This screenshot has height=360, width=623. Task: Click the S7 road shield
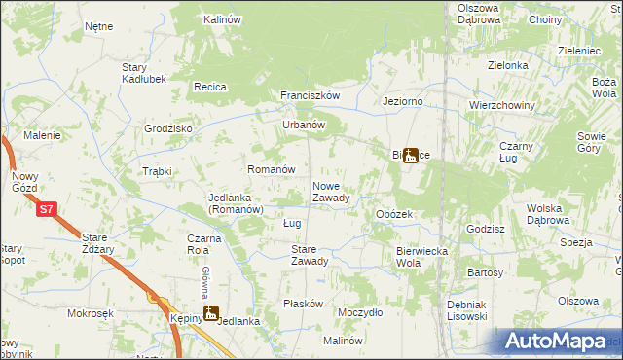46,208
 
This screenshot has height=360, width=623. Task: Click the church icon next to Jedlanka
210,313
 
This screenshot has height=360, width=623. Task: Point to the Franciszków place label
310,96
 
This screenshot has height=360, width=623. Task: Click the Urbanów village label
303,125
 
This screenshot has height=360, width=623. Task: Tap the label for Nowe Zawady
331,192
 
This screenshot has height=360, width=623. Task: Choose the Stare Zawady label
310,255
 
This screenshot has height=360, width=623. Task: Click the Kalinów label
222,19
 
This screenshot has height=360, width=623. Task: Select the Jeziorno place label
403,101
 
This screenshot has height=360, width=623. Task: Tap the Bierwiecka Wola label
421,257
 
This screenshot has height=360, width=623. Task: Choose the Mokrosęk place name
92,314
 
